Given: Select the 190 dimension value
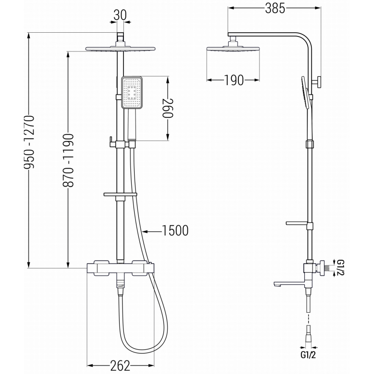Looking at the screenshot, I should [x=233, y=80].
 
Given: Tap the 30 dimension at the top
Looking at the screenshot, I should [x=120, y=15].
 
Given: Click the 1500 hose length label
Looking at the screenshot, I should [x=175, y=230].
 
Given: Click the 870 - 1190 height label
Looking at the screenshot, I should [x=69, y=160].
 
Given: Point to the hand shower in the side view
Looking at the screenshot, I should [x=305, y=93].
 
